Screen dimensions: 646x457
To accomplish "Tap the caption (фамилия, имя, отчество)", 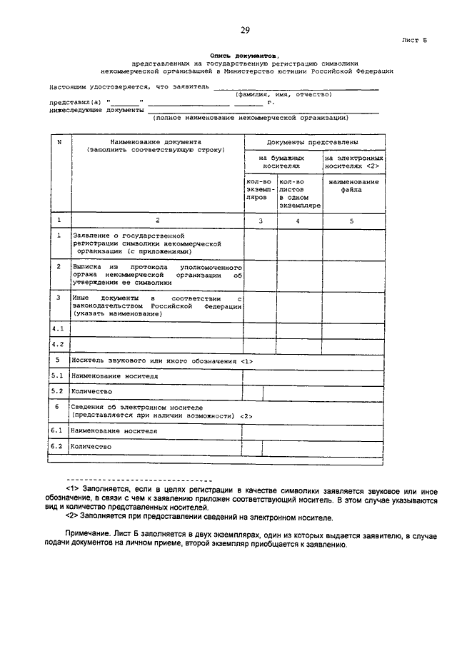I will [283, 94].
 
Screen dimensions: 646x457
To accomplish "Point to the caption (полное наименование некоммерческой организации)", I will [250, 117].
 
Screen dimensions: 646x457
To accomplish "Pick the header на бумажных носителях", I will [281, 161].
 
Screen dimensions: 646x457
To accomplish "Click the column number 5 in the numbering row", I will [351, 221].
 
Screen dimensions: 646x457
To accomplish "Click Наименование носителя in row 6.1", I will [114, 431].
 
